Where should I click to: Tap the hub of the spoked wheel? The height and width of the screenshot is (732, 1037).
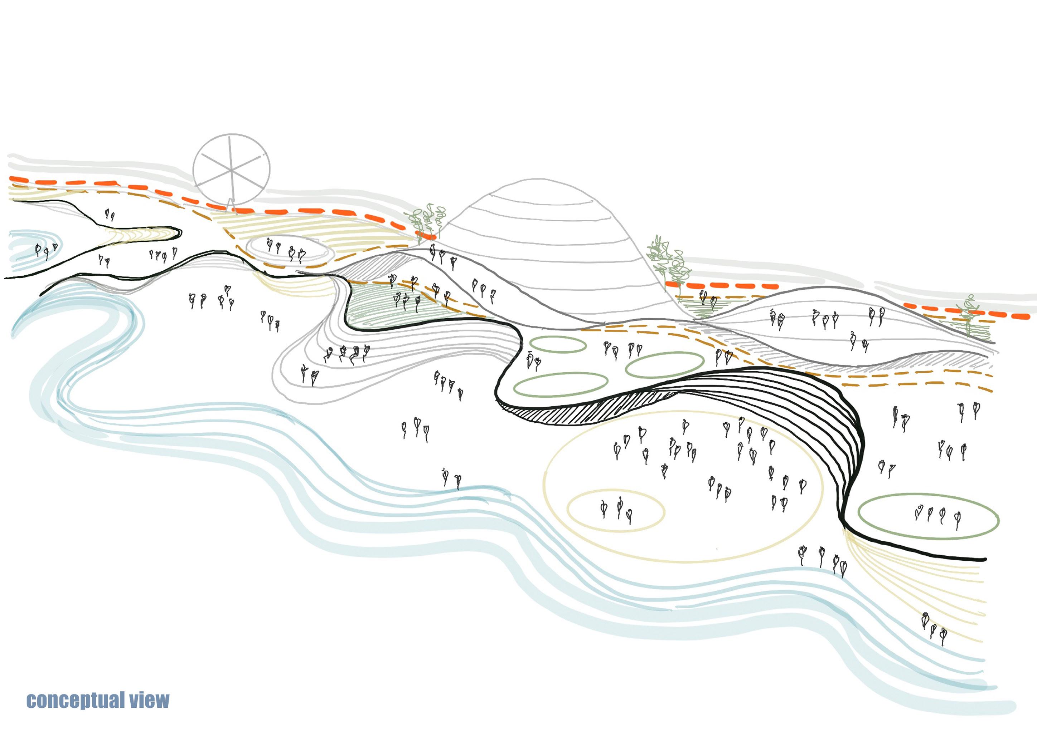(x=231, y=170)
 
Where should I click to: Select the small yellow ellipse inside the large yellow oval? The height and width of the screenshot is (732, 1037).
(x=615, y=511)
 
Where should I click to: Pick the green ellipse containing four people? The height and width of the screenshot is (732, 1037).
(x=928, y=516)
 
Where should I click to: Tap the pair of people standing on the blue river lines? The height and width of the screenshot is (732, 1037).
(x=452, y=478)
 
